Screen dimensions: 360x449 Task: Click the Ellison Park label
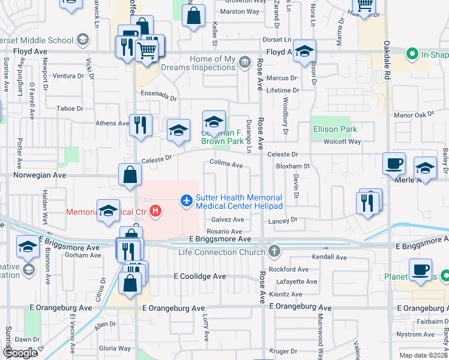335,129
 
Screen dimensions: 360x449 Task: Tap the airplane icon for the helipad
187,199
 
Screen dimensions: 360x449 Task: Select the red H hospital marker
156,211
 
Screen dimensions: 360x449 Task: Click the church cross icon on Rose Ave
274,251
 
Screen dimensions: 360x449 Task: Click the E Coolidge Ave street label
200,277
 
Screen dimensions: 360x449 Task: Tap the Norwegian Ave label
34,176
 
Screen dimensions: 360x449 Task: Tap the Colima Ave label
226,164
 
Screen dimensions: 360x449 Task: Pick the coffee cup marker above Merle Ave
394,163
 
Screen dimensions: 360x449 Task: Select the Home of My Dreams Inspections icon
244,61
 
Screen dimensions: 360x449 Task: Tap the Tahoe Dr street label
70,109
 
